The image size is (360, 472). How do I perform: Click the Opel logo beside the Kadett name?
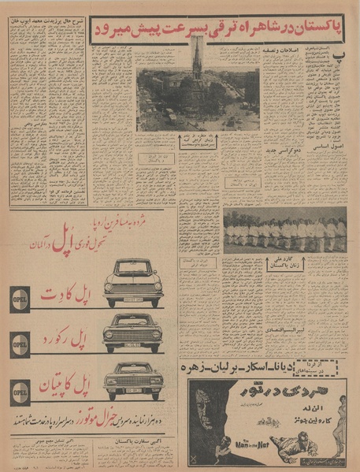tap(21, 299)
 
